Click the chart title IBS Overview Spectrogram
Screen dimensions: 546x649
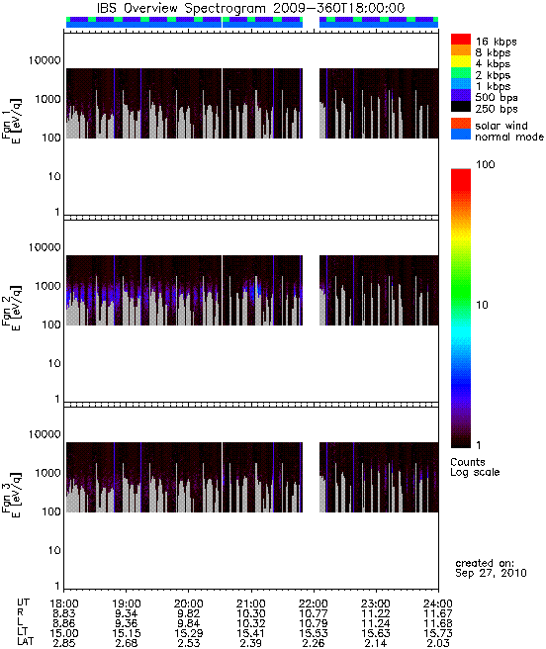tap(181, 8)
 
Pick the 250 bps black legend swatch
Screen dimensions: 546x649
tap(461, 107)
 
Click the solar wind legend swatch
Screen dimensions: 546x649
tap(461, 124)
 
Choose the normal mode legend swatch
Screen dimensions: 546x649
tap(461, 135)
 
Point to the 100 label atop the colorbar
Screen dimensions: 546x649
tap(485, 164)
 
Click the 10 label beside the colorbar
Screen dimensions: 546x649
tap(482, 305)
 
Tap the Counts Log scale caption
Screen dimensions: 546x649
tap(475, 467)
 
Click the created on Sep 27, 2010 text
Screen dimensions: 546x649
tap(491, 568)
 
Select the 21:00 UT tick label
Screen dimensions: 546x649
tap(251, 603)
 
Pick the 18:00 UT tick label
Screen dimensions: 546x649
tap(64, 603)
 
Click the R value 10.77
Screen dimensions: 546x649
tap(314, 613)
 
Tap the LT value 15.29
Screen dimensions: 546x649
tap(189, 633)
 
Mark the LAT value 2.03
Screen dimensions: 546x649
tap(438, 643)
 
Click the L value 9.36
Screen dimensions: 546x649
tap(127, 623)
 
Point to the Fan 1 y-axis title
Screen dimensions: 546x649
tap(12, 121)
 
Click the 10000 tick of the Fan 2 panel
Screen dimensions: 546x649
tap(45, 247)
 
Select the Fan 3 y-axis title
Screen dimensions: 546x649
tap(12, 495)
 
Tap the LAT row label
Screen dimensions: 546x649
tap(26, 641)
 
